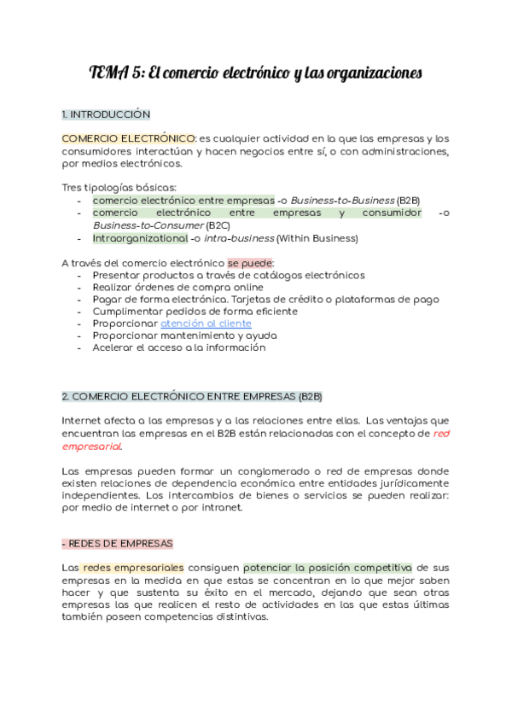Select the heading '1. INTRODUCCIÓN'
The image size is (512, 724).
point(106,114)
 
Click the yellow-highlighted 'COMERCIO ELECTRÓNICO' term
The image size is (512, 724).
point(129,138)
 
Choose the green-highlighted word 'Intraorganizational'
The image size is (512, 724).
point(140,238)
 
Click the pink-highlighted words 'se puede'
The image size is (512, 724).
point(249,263)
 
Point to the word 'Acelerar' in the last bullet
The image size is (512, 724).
point(115,347)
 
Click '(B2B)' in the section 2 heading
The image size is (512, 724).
point(309,397)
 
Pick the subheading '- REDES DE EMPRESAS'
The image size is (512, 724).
point(117,543)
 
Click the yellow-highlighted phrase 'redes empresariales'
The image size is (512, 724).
point(133,568)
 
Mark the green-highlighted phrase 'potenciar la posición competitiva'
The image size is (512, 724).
point(327,568)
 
